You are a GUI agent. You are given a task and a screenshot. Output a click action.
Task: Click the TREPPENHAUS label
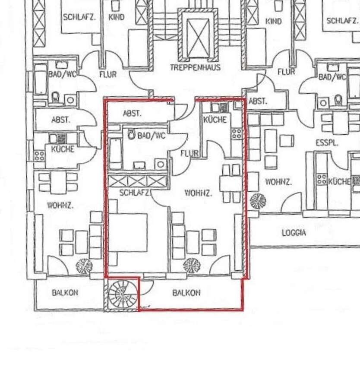click(x=195, y=67)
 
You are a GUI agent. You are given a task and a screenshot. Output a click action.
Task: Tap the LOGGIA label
click(x=294, y=233)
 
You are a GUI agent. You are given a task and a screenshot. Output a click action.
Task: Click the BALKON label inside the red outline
click(x=186, y=293)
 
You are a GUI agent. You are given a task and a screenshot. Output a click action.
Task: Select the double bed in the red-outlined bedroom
click(x=128, y=233)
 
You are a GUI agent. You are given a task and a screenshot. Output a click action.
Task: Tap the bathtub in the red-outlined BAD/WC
click(x=115, y=153)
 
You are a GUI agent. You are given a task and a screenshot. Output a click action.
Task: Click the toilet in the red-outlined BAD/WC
click(x=132, y=135)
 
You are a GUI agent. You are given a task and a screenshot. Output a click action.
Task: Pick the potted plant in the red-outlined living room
click(x=191, y=265)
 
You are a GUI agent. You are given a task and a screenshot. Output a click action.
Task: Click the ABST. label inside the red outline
click(x=132, y=113)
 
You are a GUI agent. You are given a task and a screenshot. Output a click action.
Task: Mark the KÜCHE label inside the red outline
click(x=215, y=120)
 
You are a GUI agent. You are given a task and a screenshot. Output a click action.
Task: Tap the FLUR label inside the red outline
click(x=189, y=153)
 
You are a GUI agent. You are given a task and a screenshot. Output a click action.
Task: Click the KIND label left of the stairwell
click(x=117, y=17)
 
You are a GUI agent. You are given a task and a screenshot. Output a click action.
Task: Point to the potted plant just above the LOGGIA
click(x=258, y=201)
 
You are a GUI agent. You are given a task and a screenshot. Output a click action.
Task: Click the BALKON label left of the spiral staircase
click(x=65, y=293)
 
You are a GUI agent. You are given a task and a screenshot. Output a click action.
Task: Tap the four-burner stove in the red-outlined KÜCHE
click(x=237, y=133)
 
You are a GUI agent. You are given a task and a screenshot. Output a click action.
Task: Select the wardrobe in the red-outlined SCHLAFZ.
click(x=137, y=181)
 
